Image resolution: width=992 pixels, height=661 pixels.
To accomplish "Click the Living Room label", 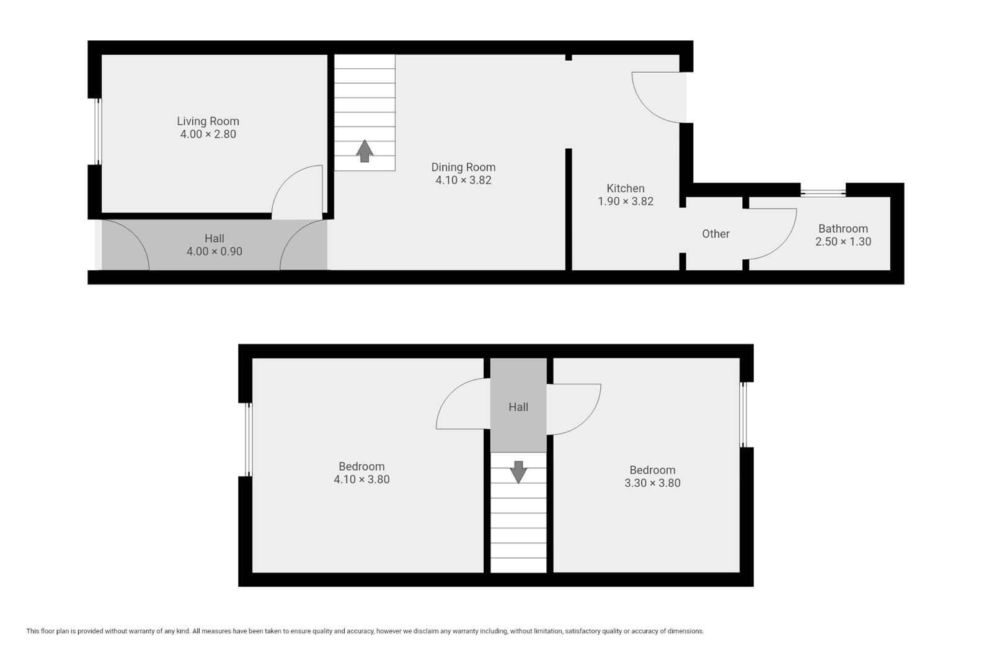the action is pos(208,121).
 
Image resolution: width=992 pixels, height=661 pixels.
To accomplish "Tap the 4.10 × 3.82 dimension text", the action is pos(463,180).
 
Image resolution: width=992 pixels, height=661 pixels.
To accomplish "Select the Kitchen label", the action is pos(626,189).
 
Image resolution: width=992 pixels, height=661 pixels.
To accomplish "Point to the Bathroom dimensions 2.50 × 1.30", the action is pos(843,241).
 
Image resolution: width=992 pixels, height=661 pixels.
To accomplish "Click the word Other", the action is pos(715,234).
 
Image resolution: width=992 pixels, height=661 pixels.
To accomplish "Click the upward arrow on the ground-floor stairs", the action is pos(365,151).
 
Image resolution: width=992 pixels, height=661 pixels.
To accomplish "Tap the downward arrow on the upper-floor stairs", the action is pos(518,472).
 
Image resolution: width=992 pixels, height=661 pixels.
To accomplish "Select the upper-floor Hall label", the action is pos(518,407).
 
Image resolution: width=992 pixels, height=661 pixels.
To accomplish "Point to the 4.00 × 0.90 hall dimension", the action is pos(215,252).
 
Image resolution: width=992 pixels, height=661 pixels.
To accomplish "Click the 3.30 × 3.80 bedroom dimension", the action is pos(652,483).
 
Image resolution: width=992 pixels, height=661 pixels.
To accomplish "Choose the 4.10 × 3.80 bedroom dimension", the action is pos(361,479).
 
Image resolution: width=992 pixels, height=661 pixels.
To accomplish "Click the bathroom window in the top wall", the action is pos(823,193).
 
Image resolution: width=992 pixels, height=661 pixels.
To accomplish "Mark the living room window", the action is pos(99,131).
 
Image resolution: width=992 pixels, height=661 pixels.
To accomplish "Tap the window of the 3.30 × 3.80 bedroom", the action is pos(743,415).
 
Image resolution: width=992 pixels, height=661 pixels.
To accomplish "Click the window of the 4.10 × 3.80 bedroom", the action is pos(249,440).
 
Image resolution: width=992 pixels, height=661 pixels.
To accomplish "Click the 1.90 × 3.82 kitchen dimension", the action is pos(626,201).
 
